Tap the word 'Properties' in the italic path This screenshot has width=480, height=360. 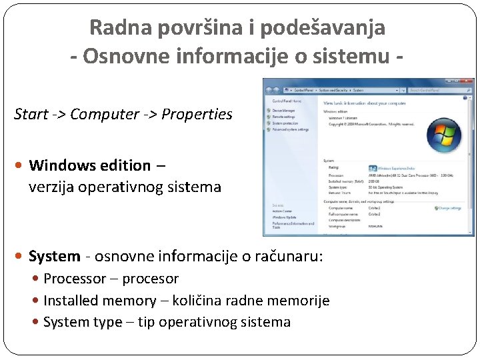(199, 114)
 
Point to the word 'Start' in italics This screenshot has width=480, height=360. (31, 114)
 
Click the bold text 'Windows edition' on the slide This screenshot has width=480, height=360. (90, 165)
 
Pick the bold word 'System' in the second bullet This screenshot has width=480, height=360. (55, 256)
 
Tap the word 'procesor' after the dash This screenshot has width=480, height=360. (151, 279)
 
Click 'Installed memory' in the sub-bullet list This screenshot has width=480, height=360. (100, 301)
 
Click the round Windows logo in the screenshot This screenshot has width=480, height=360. (443, 136)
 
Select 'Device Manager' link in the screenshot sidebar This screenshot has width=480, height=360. (285, 111)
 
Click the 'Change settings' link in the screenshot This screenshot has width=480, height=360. (450, 208)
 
